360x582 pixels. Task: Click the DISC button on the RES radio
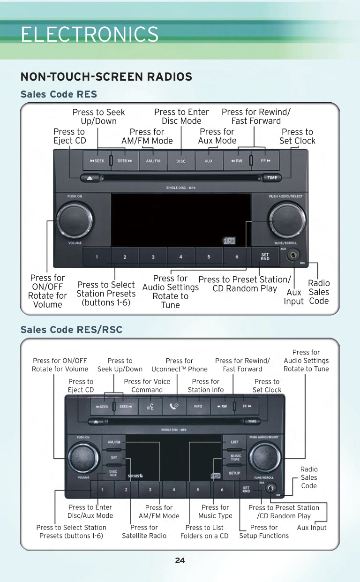click(181, 161)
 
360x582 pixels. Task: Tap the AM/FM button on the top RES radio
click(153, 161)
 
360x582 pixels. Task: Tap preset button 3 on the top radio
click(153, 257)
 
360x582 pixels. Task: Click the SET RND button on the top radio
click(265, 257)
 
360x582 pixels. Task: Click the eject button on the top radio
click(90, 178)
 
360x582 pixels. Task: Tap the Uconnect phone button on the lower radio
click(174, 406)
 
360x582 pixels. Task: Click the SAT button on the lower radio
click(113, 457)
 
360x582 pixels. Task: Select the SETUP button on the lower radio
click(235, 473)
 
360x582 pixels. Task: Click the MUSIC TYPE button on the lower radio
click(235, 457)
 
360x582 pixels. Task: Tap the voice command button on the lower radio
click(150, 406)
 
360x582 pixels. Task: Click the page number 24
click(180, 560)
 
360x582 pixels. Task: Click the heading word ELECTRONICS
click(90, 34)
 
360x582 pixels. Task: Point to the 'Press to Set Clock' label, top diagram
click(297, 136)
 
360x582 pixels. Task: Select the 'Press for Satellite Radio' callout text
click(144, 531)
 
